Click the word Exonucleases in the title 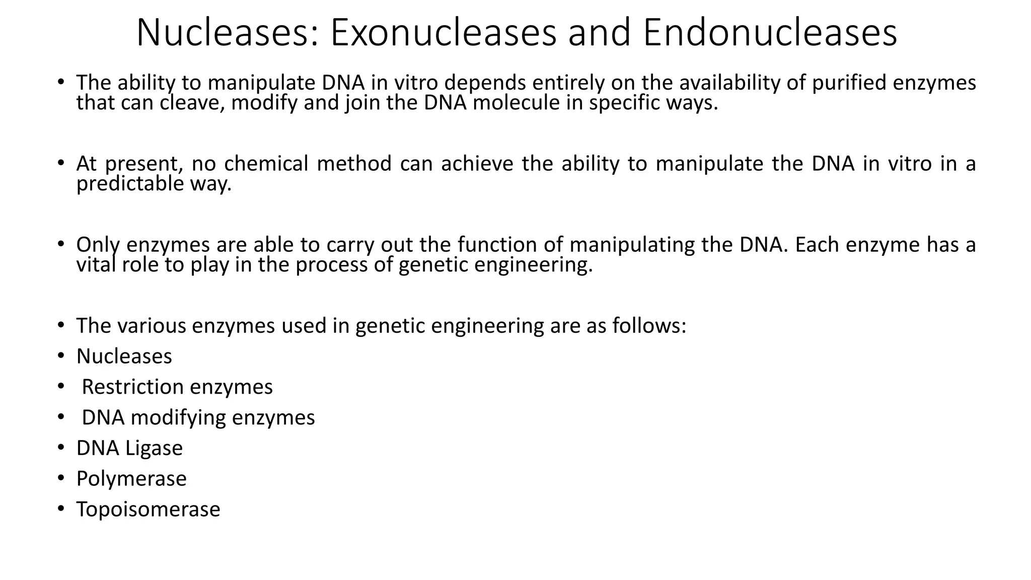click(x=443, y=33)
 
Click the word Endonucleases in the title click(x=770, y=33)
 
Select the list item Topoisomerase click(x=148, y=509)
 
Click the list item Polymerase click(x=131, y=478)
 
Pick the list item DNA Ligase click(x=129, y=448)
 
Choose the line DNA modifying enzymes click(x=198, y=417)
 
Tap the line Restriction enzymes click(x=177, y=387)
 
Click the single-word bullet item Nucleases click(x=124, y=356)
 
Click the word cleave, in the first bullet click(x=192, y=103)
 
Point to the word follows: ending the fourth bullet click(x=649, y=326)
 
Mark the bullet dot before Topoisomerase click(x=61, y=509)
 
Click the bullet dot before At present click(x=61, y=163)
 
